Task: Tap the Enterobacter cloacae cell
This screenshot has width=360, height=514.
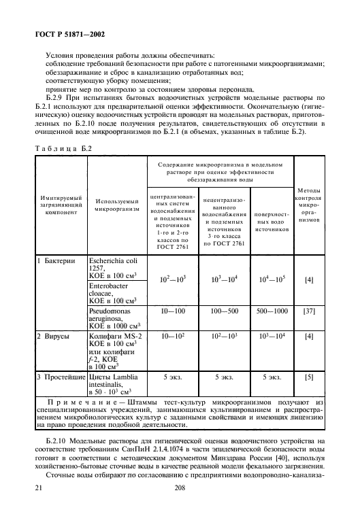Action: point(114,293)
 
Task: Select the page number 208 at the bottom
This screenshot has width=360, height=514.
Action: point(180,488)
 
